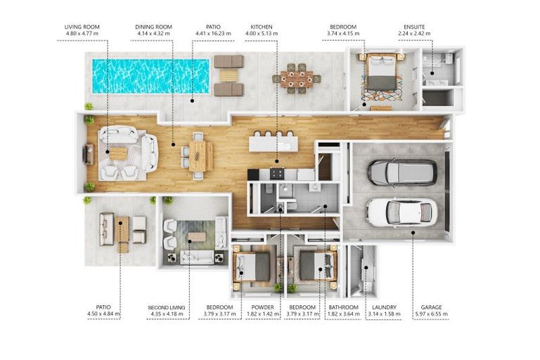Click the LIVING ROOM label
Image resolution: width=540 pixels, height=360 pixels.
point(82,27)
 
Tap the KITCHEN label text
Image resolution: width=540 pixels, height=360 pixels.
point(262,27)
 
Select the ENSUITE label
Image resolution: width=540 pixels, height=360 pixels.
point(414,27)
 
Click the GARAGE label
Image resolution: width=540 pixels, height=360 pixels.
point(431,307)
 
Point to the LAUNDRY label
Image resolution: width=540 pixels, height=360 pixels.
point(385,307)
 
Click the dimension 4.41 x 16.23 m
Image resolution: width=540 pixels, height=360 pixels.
point(213,34)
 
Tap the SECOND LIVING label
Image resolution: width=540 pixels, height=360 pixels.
point(167,307)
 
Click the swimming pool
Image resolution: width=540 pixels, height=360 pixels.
point(150,76)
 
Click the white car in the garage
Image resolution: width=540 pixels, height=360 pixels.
point(401,212)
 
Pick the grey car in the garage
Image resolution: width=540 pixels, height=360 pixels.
point(402,172)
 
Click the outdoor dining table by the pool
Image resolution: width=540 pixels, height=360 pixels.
point(297,79)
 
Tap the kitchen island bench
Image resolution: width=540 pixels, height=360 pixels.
point(274,143)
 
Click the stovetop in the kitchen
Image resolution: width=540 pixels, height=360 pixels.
point(277,173)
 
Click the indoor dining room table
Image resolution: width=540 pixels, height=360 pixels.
point(198,156)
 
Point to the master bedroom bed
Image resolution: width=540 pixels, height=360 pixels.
point(381,72)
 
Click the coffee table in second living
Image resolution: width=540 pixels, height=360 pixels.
point(197,237)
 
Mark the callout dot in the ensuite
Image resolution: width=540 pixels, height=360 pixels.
point(432,73)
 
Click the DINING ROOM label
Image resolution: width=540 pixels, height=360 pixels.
point(153,27)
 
